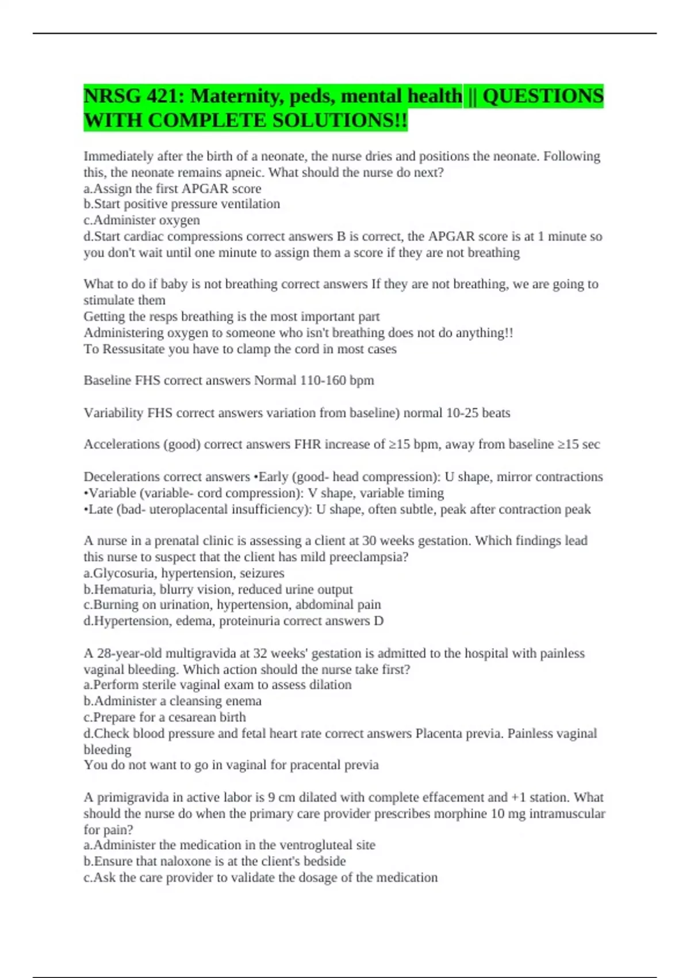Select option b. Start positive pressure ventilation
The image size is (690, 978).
[x=182, y=204]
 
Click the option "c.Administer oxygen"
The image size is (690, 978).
[x=142, y=220]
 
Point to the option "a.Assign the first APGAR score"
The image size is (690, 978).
[x=172, y=189]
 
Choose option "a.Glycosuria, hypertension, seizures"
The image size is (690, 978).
[x=184, y=573]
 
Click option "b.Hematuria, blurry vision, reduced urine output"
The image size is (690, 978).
[x=218, y=589]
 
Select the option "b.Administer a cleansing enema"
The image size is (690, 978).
[x=172, y=701]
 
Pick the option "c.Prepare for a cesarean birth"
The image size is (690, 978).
[x=164, y=717]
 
